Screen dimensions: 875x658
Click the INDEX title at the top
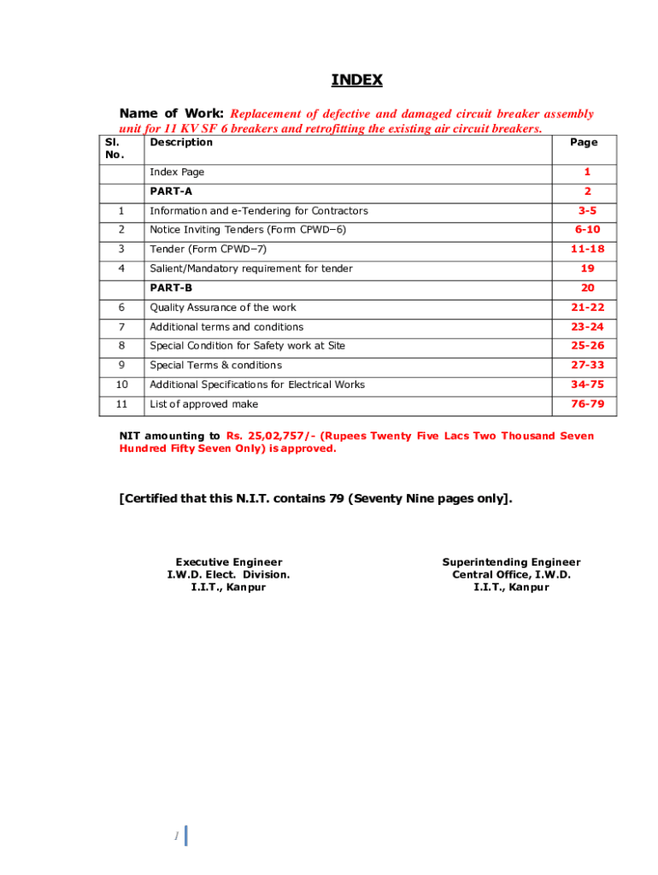point(356,80)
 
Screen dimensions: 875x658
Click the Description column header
point(181,143)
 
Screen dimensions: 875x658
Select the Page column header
point(584,143)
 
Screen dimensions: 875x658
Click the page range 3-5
point(587,211)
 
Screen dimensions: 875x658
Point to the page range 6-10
point(587,230)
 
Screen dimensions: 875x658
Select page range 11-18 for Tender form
point(587,250)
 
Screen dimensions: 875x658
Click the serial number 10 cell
point(121,385)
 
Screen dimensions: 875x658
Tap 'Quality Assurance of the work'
point(223,308)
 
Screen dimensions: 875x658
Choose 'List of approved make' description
point(203,404)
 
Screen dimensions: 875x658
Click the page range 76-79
point(587,404)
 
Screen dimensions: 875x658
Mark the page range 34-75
point(587,385)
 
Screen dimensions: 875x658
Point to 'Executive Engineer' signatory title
point(228,562)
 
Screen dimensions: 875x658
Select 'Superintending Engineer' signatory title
point(511,562)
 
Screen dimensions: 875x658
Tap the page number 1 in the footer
point(175,837)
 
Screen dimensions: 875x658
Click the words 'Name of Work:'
point(172,114)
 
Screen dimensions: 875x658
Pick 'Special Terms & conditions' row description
point(215,366)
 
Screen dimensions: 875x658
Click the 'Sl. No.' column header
point(115,149)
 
